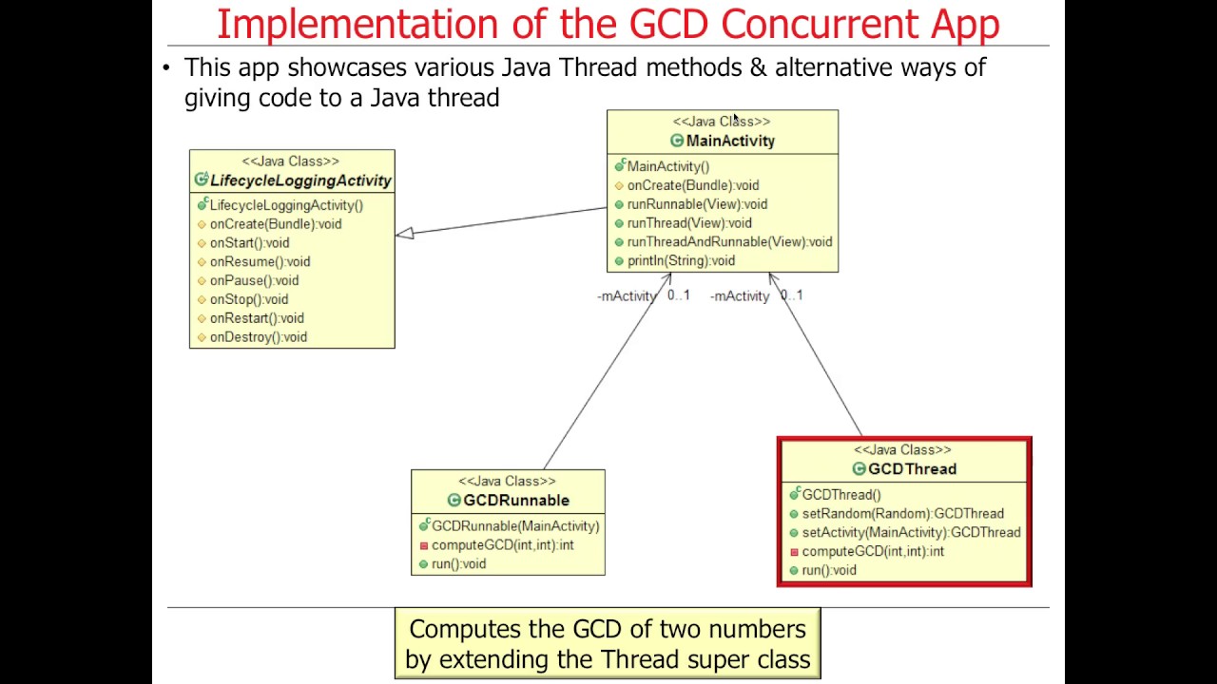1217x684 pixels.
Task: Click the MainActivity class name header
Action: point(730,141)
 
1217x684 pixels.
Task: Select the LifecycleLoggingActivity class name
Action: point(300,180)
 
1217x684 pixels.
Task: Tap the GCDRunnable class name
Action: point(516,501)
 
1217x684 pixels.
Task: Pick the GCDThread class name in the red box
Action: point(912,469)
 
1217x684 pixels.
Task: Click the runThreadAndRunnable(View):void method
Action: point(729,242)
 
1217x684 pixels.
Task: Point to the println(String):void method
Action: point(681,260)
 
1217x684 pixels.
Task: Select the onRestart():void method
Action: point(257,318)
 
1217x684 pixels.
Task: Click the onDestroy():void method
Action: point(258,337)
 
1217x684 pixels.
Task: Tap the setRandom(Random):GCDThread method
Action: point(902,514)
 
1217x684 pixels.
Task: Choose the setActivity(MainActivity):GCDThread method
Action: point(911,533)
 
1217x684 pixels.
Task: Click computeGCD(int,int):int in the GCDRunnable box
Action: point(502,545)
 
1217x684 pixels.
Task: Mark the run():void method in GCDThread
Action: point(829,570)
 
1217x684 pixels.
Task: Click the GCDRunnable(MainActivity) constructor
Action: point(515,526)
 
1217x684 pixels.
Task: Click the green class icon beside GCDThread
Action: point(859,469)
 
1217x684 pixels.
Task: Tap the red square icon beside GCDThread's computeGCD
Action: point(794,552)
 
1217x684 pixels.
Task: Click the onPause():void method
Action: point(254,280)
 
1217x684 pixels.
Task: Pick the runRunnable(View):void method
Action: point(697,204)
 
